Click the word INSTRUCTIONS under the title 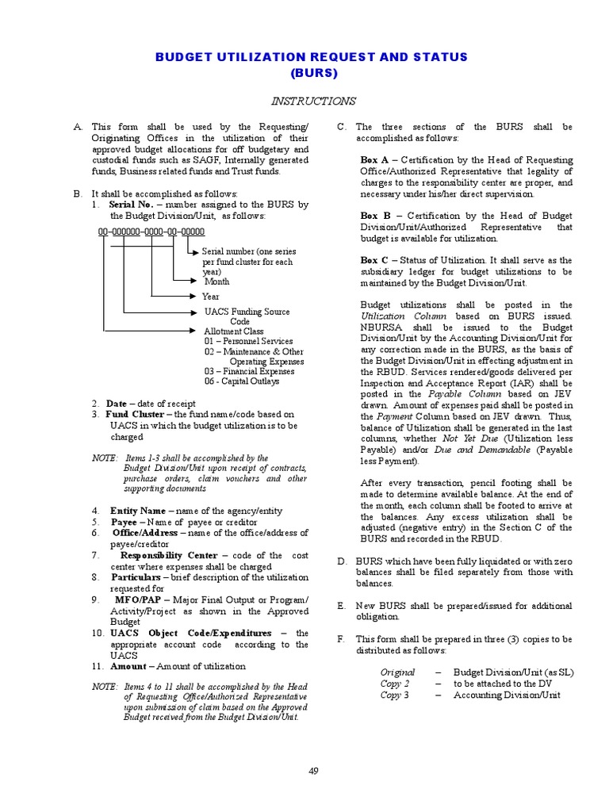(x=314, y=101)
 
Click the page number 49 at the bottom (x=314, y=771)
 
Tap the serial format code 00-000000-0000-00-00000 (x=151, y=232)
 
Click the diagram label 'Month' (x=217, y=282)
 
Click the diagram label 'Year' (x=211, y=297)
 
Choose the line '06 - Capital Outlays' (x=241, y=381)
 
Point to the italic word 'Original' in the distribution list (x=397, y=672)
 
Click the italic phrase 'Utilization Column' (x=394, y=316)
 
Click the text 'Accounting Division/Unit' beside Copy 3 (x=507, y=695)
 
